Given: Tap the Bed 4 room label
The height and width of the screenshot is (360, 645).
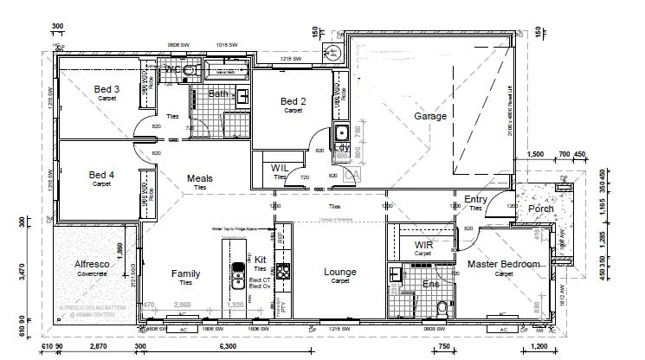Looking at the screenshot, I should click(x=101, y=175).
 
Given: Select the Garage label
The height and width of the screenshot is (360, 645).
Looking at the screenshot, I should click(x=429, y=116).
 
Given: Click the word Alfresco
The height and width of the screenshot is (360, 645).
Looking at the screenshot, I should click(x=89, y=264).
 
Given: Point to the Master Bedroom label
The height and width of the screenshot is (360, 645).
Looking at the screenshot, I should click(x=503, y=264).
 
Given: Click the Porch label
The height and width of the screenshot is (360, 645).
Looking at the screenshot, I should click(x=541, y=209).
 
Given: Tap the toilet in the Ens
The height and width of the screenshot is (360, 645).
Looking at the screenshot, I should click(x=442, y=305).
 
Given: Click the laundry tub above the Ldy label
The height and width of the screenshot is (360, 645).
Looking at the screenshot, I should click(x=340, y=133).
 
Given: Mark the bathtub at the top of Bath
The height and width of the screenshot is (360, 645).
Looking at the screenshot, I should click(x=221, y=69).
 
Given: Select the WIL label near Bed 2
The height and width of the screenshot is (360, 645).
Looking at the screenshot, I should click(x=279, y=167).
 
